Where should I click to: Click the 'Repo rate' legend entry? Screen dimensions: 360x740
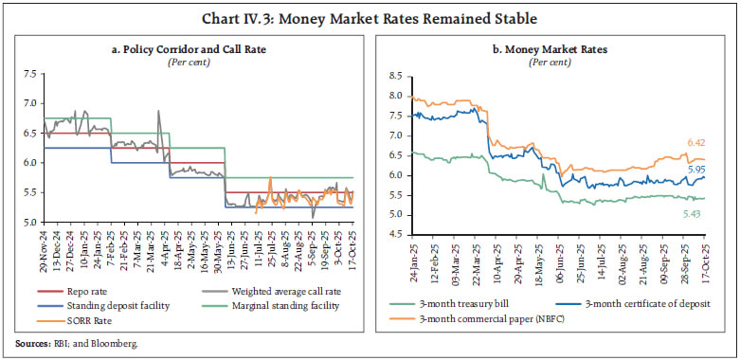[x=97, y=303]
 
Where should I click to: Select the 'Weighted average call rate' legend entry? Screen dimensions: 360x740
[x=286, y=303]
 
